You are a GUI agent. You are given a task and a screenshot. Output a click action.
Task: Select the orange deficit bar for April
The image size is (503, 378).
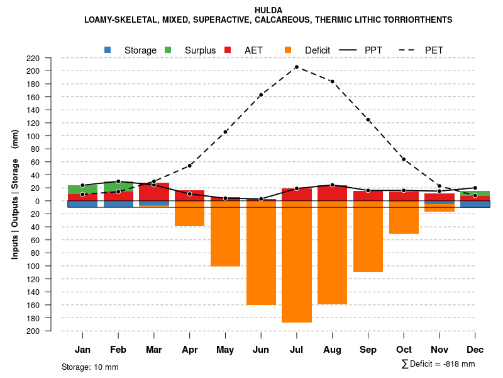[189, 214]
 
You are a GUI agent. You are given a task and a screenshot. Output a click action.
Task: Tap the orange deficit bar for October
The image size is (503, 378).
[404, 217]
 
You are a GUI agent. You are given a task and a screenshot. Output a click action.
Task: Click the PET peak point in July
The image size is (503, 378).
[297, 67]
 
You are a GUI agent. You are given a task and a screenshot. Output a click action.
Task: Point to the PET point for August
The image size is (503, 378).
[332, 81]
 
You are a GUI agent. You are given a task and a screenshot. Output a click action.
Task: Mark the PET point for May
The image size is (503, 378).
[225, 132]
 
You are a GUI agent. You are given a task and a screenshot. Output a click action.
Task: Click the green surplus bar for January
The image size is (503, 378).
[82, 190]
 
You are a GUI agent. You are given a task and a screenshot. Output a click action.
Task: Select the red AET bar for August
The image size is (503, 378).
[332, 193]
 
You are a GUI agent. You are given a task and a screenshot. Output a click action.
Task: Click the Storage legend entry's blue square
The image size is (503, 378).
[108, 50]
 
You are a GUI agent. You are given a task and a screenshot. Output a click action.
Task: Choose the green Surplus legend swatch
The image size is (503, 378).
[168, 50]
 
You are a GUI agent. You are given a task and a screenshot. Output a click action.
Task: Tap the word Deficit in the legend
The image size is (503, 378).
[318, 50]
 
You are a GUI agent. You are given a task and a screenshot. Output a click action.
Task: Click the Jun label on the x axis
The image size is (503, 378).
[261, 350]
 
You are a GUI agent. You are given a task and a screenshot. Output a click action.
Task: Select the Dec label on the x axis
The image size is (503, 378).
[475, 350]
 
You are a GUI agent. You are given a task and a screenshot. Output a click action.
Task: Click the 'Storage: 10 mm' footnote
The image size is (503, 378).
[90, 367]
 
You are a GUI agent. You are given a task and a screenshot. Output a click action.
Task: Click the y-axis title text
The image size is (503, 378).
[15, 194]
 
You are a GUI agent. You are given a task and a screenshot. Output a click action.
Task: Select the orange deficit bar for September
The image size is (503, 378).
[368, 236]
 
